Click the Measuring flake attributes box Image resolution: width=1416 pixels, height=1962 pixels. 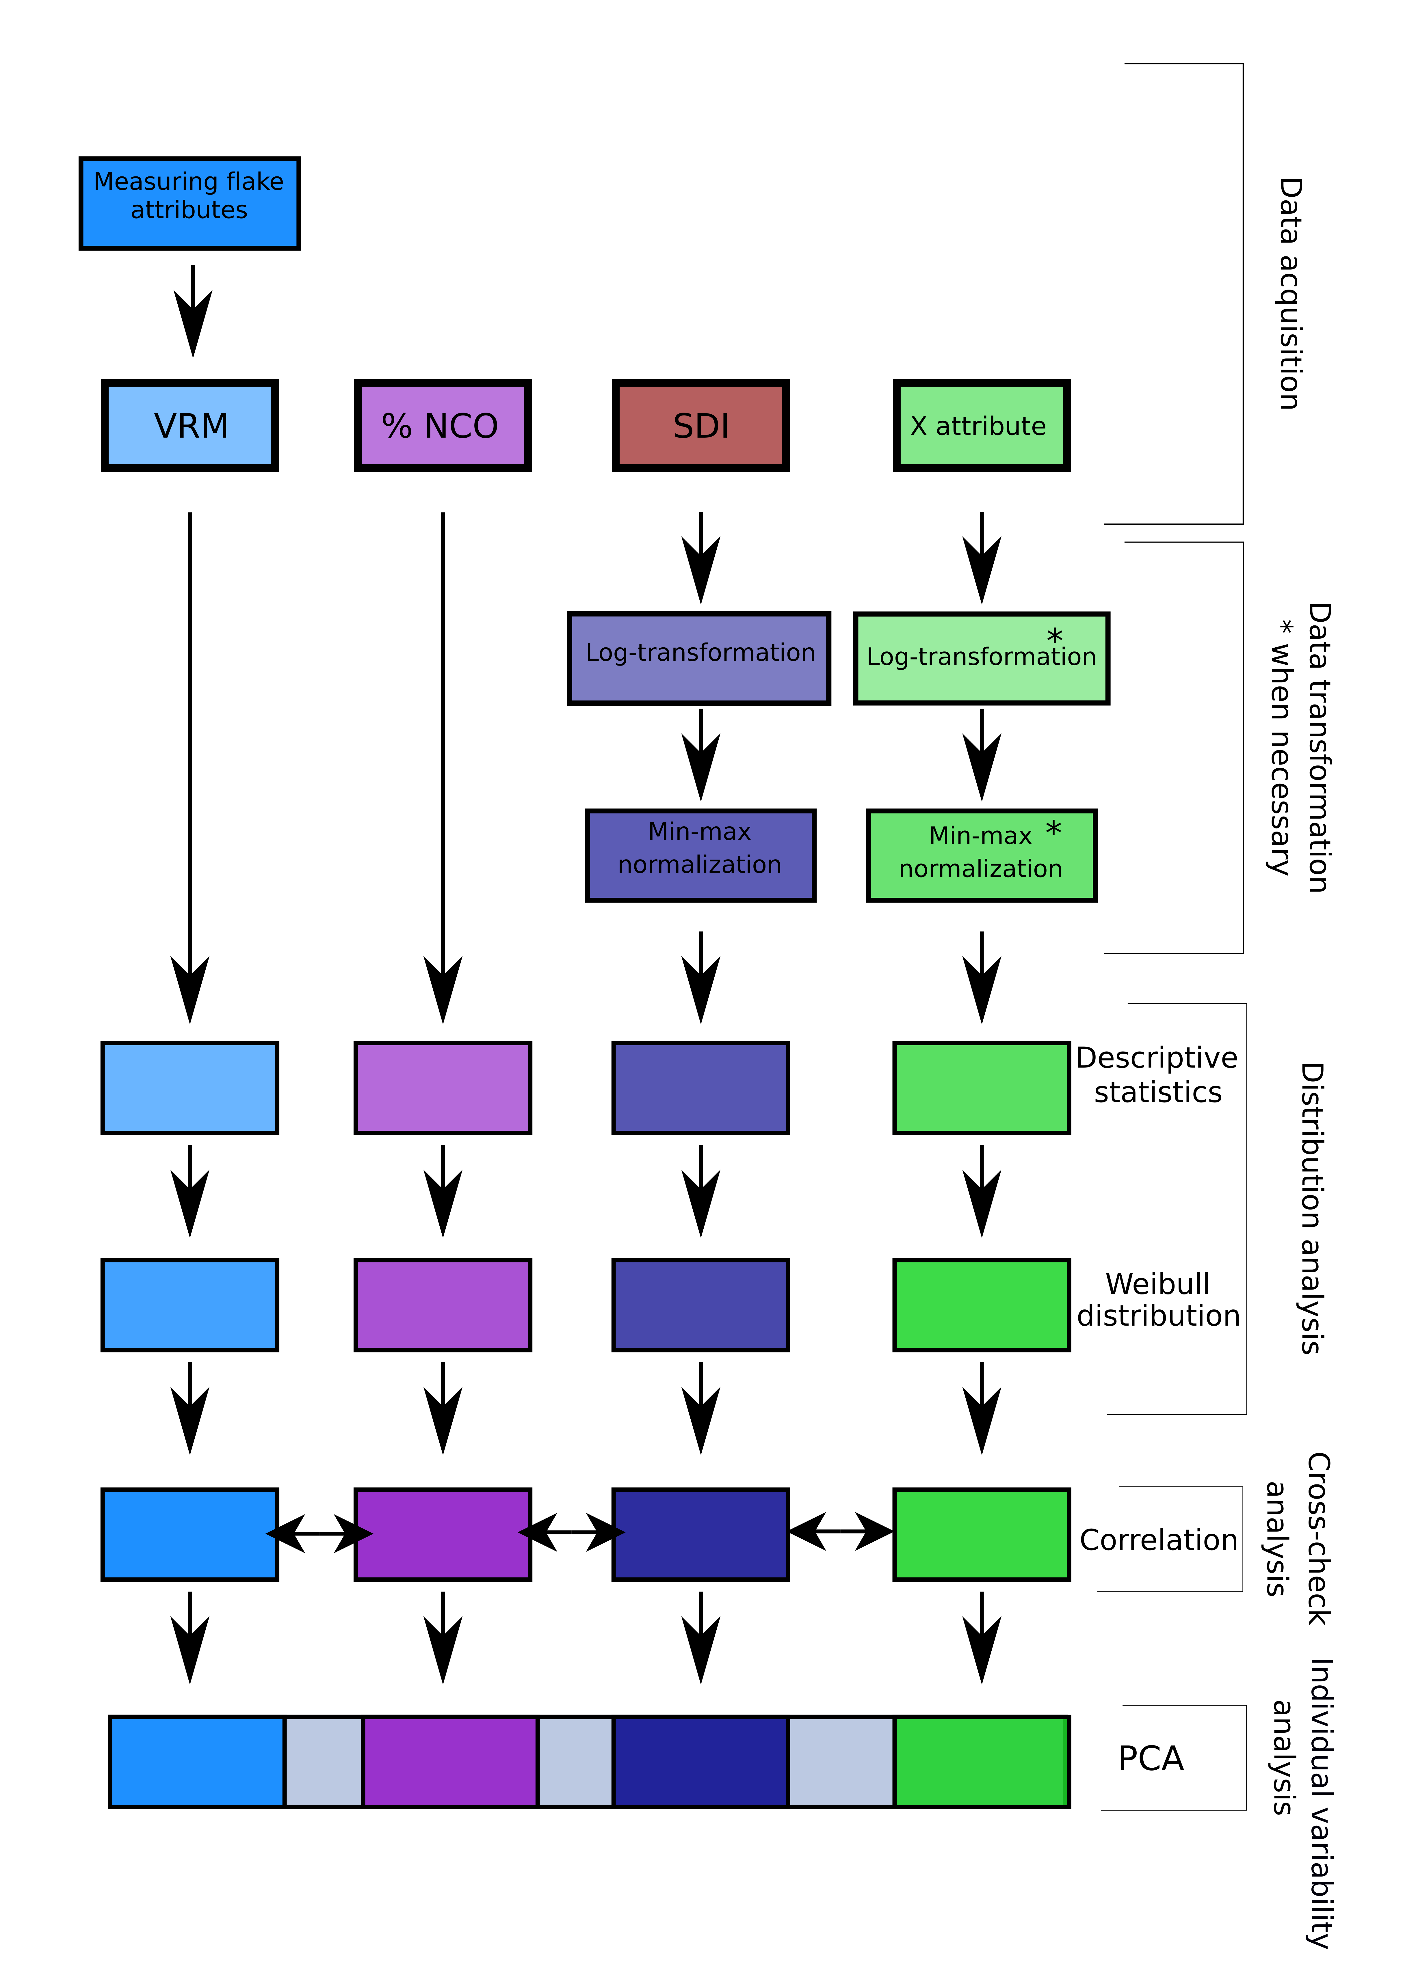(189, 203)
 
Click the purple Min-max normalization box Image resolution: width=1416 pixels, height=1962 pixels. (700, 856)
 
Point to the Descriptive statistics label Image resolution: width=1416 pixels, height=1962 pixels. (1157, 1074)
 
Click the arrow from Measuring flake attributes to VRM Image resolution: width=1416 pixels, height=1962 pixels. (192, 312)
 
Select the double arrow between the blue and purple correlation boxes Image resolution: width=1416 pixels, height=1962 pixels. (319, 1534)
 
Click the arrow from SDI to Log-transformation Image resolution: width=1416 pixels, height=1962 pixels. (700, 558)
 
